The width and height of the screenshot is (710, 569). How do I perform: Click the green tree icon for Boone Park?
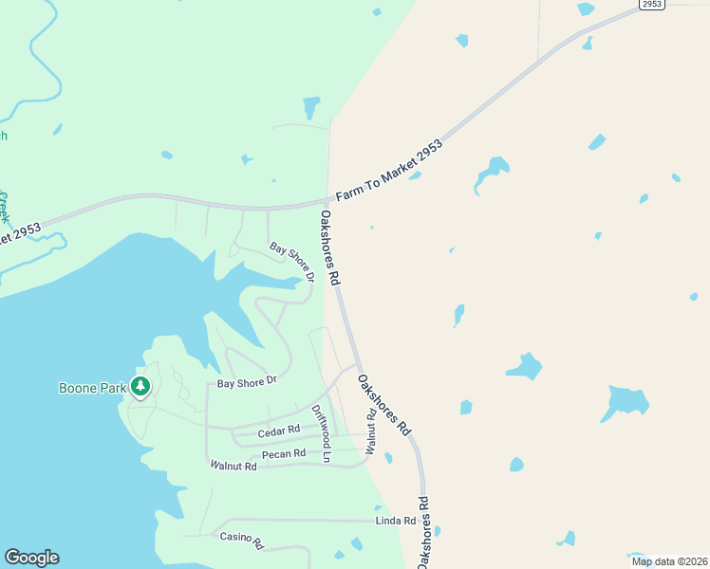tap(140, 386)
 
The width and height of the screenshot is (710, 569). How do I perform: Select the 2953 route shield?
tap(650, 5)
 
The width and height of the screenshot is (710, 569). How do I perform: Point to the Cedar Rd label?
tap(279, 430)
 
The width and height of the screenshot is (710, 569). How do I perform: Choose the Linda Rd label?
tap(396, 521)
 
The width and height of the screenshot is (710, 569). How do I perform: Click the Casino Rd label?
tap(241, 539)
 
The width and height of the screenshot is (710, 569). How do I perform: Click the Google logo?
tap(31, 558)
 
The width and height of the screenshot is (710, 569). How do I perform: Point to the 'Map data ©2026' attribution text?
tap(668, 561)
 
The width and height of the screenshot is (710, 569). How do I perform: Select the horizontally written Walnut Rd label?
tap(234, 466)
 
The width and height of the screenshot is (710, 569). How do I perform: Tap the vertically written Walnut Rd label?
tap(371, 431)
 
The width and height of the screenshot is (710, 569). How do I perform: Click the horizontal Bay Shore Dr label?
tap(246, 382)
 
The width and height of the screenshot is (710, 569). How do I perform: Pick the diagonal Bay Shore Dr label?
tap(291, 263)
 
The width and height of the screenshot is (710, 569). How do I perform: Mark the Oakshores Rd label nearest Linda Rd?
tap(423, 531)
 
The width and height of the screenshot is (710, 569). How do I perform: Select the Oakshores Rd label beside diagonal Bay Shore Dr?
tap(329, 248)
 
